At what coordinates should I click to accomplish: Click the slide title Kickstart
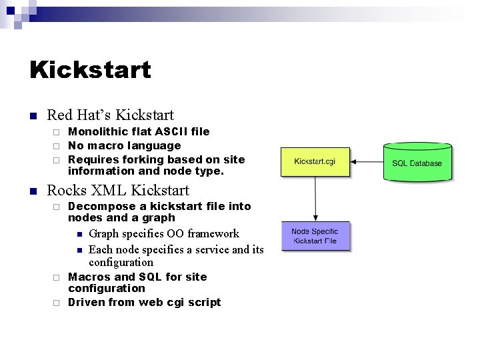[x=90, y=69]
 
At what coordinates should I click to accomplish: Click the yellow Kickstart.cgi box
[x=315, y=161]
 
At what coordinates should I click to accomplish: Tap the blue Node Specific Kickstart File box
[x=315, y=236]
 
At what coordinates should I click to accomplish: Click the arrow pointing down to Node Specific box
[x=315, y=199]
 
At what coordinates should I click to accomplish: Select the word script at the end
[x=204, y=302]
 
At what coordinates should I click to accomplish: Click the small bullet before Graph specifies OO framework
[x=79, y=234]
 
